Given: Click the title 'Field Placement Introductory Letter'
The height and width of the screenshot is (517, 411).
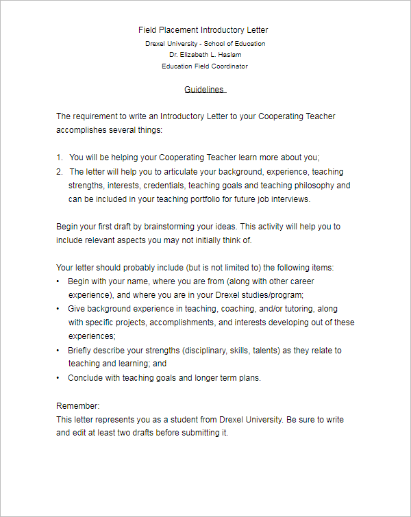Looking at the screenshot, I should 203,30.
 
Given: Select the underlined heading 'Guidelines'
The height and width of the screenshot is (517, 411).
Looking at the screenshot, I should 204,90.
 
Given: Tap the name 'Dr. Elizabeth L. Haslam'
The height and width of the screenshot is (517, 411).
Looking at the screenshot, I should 205,55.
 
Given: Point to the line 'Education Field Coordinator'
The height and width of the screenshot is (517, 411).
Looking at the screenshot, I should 205,66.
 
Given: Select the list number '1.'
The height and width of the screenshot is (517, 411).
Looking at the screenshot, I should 60,157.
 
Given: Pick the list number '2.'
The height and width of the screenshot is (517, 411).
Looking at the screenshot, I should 60,172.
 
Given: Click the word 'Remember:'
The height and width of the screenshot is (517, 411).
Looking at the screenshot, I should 78,405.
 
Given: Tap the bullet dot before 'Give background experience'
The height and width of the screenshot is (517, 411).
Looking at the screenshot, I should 58,309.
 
